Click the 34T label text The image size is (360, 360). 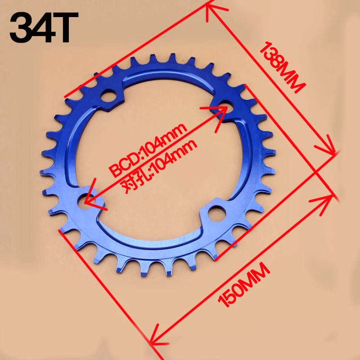pyautogui.click(x=44, y=27)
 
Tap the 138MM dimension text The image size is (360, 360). pyautogui.click(x=283, y=67)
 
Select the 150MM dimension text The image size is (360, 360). pyautogui.click(x=244, y=285)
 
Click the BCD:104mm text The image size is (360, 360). pyautogui.click(x=148, y=150)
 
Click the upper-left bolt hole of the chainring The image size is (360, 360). pyautogui.click(x=108, y=97)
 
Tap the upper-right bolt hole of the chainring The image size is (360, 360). pyautogui.click(x=226, y=107)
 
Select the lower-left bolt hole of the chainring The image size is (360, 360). pyautogui.click(x=85, y=201)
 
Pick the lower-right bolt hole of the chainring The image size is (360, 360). pyautogui.click(x=217, y=214)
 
